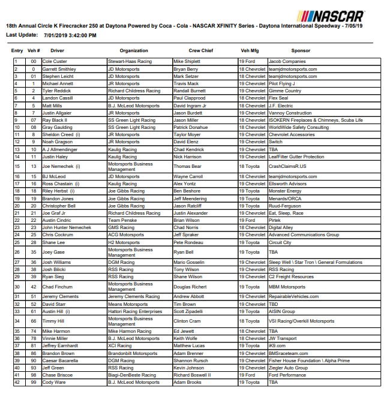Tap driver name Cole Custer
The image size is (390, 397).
pyautogui.click(x=55, y=62)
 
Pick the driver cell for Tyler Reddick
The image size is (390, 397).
pyautogui.click(x=58, y=91)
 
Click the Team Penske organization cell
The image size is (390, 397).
pyautogui.click(x=123, y=221)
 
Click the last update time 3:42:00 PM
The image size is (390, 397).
pyautogui.click(x=82, y=36)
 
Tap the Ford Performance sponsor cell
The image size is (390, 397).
pyautogui.click(x=288, y=375)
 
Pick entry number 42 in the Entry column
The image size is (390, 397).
pyautogui.click(x=17, y=382)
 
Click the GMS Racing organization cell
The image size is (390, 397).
pyautogui.click(x=121, y=228)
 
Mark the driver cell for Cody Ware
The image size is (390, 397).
pyautogui.click(x=55, y=382)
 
